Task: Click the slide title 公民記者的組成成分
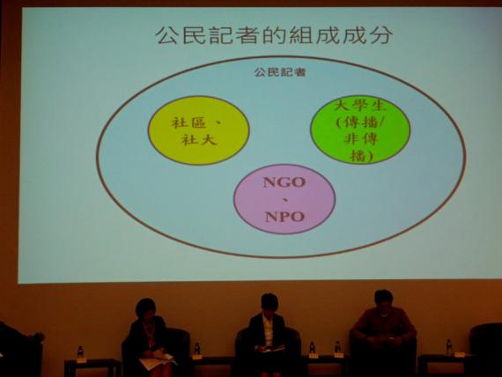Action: [x=274, y=35]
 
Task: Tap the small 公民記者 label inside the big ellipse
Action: [x=280, y=72]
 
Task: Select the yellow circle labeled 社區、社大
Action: [x=198, y=130]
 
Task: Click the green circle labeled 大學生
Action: [x=360, y=129]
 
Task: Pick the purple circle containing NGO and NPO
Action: [x=284, y=199]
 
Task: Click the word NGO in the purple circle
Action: [x=284, y=182]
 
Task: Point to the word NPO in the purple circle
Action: [x=284, y=217]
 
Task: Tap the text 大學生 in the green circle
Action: [x=360, y=106]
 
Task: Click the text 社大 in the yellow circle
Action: [x=199, y=140]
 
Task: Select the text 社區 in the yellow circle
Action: [x=188, y=122]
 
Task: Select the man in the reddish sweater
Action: [x=383, y=330]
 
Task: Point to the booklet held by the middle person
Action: [x=271, y=349]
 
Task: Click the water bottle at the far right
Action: [x=449, y=347]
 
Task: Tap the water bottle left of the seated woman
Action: [x=80, y=351]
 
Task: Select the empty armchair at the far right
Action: [x=486, y=350]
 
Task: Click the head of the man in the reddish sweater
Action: [x=383, y=299]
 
